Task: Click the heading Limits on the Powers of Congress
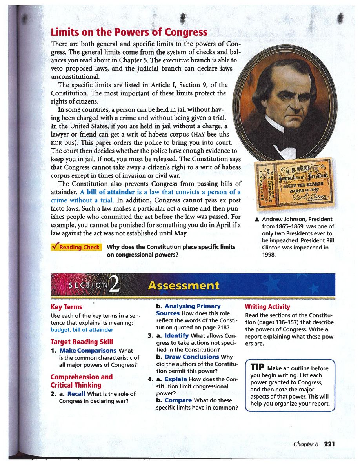(x=129, y=32)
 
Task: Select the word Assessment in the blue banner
(x=184, y=286)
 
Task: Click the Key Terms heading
(x=67, y=307)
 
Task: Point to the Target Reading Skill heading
(x=82, y=341)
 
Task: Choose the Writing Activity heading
(x=267, y=307)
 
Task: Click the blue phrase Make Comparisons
(x=88, y=350)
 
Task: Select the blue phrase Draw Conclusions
(x=192, y=357)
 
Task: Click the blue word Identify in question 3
(x=177, y=336)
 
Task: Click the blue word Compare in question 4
(x=178, y=400)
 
